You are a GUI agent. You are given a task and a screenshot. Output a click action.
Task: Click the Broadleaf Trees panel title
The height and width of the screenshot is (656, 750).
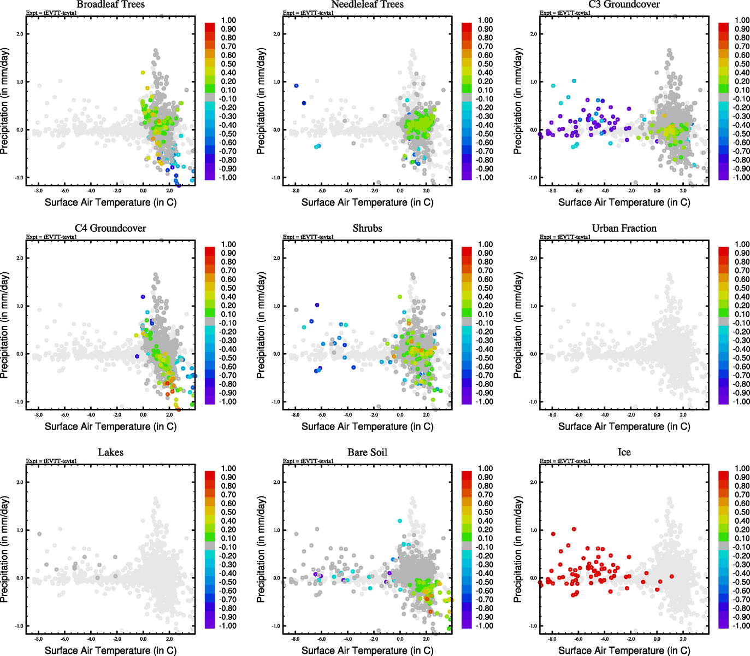[110, 4]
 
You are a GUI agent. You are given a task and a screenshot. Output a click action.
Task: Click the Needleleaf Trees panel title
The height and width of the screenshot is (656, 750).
[367, 4]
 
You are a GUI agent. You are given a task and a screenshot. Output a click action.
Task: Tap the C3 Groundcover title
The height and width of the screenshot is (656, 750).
[624, 4]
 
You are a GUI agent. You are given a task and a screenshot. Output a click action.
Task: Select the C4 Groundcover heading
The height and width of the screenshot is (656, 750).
[110, 228]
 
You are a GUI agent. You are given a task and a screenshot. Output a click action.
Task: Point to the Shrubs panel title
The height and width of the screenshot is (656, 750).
[367, 228]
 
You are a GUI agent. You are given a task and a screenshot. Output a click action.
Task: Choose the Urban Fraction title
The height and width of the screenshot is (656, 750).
[624, 228]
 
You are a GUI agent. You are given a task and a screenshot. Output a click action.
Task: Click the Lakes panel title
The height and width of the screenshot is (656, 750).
[110, 452]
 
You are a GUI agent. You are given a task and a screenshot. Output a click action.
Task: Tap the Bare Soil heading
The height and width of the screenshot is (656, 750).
[367, 452]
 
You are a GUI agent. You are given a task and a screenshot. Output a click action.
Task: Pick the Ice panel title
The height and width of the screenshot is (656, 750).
[624, 452]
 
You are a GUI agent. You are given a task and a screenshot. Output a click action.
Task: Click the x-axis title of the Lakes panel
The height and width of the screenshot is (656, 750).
[110, 650]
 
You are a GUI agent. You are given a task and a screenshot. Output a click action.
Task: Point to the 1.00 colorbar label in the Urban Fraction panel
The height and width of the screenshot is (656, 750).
[742, 244]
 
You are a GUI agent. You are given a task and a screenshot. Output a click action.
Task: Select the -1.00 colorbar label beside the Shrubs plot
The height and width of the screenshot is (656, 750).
[484, 402]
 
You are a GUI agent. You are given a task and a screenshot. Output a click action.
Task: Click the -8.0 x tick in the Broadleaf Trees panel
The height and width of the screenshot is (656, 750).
[38, 191]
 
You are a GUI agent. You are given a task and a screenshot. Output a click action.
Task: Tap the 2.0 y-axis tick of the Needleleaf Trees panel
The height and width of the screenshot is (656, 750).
[277, 34]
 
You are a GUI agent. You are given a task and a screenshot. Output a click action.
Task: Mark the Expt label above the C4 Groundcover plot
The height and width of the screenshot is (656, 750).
[51, 237]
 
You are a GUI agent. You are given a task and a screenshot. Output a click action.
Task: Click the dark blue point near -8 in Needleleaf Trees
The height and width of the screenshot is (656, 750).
[296, 86]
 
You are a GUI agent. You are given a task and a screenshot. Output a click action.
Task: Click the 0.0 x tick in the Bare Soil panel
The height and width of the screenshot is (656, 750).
[400, 639]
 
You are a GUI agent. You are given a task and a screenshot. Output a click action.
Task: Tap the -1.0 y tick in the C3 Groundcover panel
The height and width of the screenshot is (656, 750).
[533, 178]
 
